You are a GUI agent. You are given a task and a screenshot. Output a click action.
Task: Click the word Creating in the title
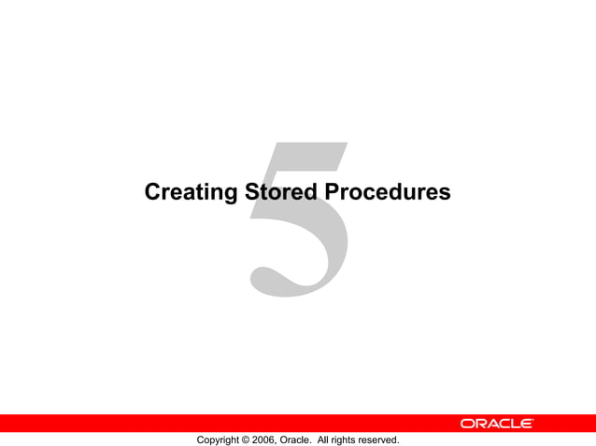191,193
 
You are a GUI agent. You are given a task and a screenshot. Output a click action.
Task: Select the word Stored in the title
280,193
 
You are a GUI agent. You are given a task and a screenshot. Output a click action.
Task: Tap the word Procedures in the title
387,193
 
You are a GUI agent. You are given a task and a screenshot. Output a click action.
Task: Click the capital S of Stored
251,193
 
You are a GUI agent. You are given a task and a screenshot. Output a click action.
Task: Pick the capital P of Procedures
332,193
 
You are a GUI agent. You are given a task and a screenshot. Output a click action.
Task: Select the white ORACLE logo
496,424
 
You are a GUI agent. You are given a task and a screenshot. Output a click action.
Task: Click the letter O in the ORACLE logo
466,424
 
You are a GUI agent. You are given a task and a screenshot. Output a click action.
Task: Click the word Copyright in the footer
218,439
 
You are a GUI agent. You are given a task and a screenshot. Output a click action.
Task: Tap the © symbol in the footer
247,439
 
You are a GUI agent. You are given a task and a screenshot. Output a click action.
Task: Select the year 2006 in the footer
264,439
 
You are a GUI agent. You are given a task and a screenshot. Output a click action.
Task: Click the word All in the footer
325,439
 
